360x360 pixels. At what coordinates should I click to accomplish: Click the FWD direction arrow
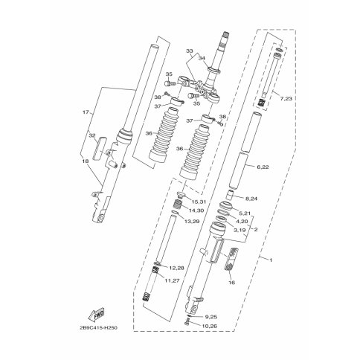tap(97, 314)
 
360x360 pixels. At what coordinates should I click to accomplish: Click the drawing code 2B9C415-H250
tap(98, 328)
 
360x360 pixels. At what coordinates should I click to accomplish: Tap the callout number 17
tap(86, 112)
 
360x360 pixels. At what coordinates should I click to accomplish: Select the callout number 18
tap(86, 161)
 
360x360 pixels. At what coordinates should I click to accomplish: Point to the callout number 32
tap(92, 135)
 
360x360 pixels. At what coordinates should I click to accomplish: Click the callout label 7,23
tap(286, 99)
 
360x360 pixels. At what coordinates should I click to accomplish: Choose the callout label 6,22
tap(263, 167)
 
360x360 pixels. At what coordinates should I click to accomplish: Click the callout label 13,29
tap(192, 221)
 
